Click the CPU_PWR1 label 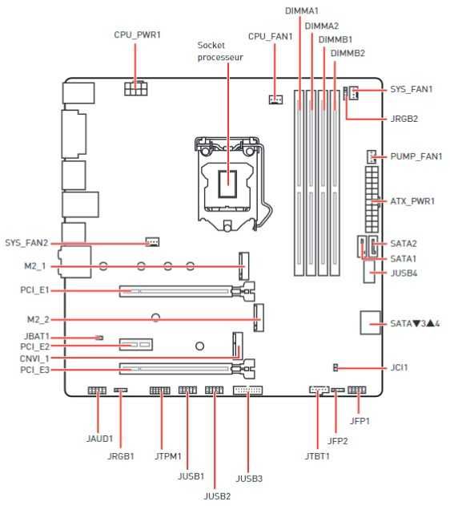pos(137,34)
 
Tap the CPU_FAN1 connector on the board pos(275,99)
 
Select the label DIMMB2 pos(348,53)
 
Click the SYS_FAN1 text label pos(412,89)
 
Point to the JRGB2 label pos(404,119)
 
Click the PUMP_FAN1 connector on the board pos(372,156)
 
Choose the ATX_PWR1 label pos(412,201)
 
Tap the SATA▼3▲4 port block pos(370,322)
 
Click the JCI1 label pos(399,367)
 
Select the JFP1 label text pos(360,421)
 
